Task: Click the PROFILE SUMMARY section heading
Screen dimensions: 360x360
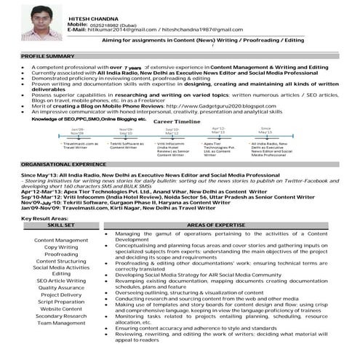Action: tap(49, 56)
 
